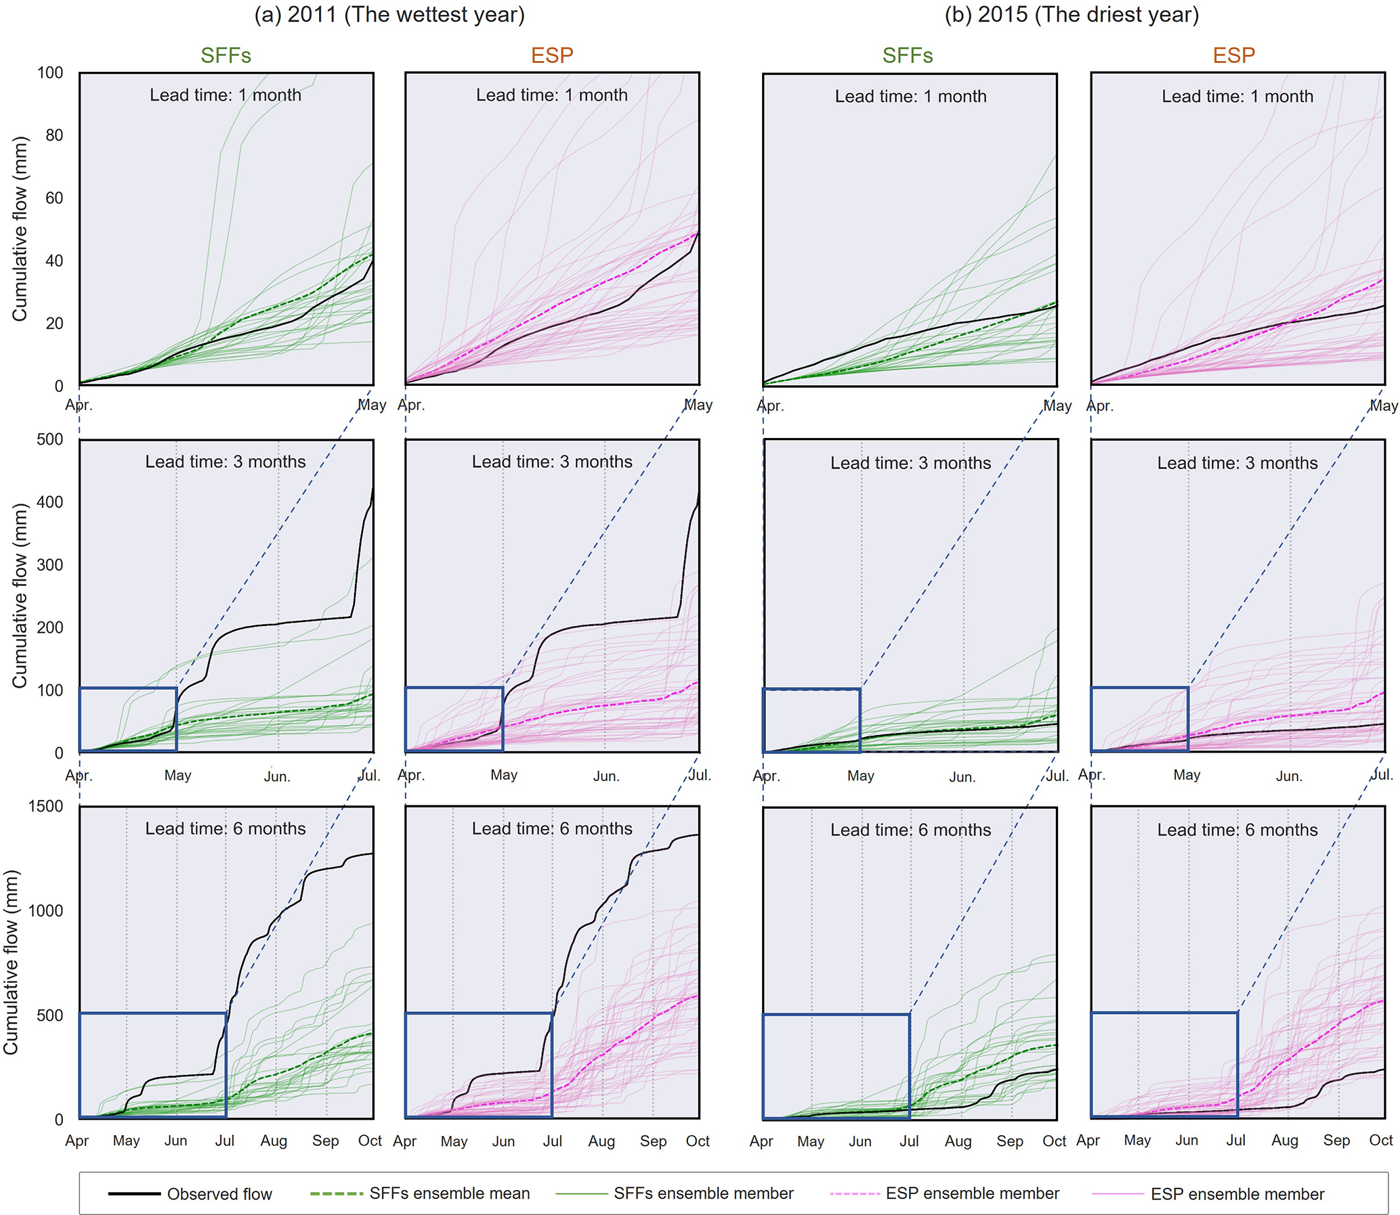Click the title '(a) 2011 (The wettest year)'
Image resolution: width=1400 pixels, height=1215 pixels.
tap(389, 14)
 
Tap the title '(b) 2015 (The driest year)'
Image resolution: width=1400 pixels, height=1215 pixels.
tap(1072, 14)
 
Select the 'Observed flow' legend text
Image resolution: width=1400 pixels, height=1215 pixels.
tap(219, 1194)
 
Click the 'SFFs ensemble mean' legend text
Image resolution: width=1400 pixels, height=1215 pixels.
tap(449, 1193)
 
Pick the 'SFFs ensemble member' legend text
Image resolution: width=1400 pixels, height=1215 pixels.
tap(704, 1193)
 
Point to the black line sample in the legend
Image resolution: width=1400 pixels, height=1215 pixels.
tap(134, 1194)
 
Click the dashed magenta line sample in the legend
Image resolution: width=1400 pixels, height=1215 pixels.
tap(855, 1193)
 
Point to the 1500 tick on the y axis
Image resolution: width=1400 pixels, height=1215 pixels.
tap(45, 806)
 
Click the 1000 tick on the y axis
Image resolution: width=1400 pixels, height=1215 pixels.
tap(45, 910)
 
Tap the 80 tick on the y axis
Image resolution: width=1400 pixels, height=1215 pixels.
tap(54, 135)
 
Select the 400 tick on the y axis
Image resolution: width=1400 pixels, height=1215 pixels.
tap(49, 502)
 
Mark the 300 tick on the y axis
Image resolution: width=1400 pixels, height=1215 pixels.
tap(49, 565)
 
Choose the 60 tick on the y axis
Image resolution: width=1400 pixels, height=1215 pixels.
tap(54, 198)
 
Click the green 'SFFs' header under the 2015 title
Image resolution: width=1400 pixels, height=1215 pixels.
tap(908, 56)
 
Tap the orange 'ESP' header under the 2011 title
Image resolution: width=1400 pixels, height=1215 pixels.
tap(552, 56)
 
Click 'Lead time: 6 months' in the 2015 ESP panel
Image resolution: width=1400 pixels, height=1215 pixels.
tap(1237, 830)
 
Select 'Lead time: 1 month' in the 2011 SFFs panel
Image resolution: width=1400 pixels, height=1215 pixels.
tap(225, 95)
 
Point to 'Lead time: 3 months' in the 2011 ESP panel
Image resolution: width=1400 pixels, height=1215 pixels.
tap(552, 462)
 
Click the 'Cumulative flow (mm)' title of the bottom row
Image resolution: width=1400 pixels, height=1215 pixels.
tap(11, 962)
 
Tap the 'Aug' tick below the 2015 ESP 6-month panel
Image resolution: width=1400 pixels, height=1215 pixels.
tap(1285, 1141)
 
